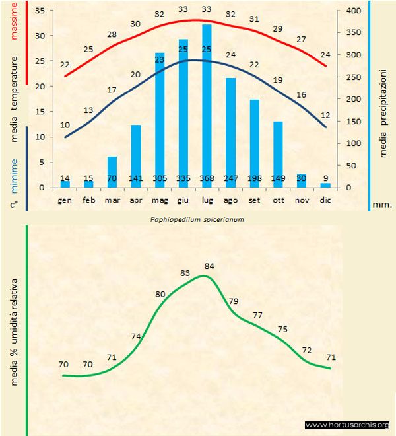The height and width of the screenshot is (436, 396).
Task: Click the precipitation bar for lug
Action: click(x=207, y=106)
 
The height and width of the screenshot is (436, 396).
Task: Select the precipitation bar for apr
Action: click(x=135, y=156)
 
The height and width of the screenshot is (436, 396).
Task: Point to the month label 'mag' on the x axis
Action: click(x=159, y=199)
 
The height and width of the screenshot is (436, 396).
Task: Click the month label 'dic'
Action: click(x=325, y=199)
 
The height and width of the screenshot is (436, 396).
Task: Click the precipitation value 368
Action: click(x=207, y=178)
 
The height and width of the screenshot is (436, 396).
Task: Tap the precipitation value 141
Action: click(x=135, y=178)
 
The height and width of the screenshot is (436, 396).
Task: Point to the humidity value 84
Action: click(x=211, y=266)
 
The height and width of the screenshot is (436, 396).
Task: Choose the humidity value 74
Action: click(x=137, y=336)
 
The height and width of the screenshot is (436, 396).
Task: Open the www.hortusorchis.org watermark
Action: click(x=347, y=425)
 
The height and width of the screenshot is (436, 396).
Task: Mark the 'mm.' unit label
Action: click(x=383, y=205)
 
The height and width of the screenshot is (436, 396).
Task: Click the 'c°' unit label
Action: click(x=13, y=205)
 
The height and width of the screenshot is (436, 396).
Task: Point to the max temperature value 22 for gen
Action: click(x=65, y=65)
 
